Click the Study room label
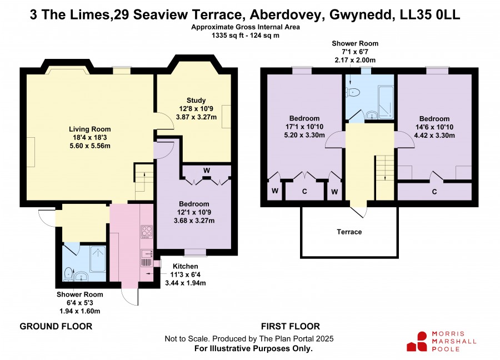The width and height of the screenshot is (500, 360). click(x=196, y=101)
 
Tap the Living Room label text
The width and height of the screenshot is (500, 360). click(x=90, y=129)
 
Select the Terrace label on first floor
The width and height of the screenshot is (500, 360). click(x=349, y=232)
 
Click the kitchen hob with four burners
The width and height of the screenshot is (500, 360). click(x=147, y=232)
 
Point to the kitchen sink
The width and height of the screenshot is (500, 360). click(x=147, y=254)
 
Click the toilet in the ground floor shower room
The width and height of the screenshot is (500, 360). click(x=68, y=274)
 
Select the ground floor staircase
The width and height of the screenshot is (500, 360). click(x=144, y=182)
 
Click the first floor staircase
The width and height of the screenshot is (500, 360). click(x=385, y=177)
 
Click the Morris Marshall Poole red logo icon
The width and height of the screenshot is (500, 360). click(x=417, y=342)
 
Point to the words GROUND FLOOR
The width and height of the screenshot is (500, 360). click(x=56, y=327)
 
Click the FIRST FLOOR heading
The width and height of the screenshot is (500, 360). click(x=291, y=327)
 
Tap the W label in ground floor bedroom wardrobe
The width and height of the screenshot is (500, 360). click(x=207, y=171)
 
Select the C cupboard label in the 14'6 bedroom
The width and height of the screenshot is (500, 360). click(x=434, y=192)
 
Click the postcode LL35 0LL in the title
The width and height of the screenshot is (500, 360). click(x=430, y=14)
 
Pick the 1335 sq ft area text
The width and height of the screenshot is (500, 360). click(x=229, y=36)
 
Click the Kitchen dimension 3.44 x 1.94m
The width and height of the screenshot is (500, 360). click(x=185, y=283)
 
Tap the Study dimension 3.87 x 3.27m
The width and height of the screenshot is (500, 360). click(x=196, y=117)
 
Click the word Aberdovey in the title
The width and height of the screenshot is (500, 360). click(x=286, y=14)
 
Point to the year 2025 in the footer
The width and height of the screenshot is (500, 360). click(x=325, y=339)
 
